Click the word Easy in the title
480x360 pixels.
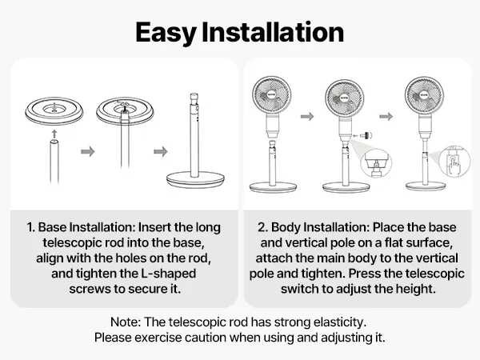166,33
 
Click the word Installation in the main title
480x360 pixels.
273,32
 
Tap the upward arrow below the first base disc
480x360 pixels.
54,134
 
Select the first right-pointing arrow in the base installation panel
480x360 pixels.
88,151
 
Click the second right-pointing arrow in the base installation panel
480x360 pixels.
161,151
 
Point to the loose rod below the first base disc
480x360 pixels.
54,162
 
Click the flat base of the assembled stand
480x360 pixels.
196,179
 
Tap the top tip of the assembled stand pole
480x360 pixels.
194,94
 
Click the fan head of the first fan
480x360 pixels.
271,94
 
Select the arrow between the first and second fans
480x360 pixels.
307,116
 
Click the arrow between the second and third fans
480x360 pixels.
386,116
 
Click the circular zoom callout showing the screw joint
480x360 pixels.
377,163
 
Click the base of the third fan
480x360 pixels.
426,186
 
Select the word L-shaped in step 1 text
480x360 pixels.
168,274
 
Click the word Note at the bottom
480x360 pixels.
126,322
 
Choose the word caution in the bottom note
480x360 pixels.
205,338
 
